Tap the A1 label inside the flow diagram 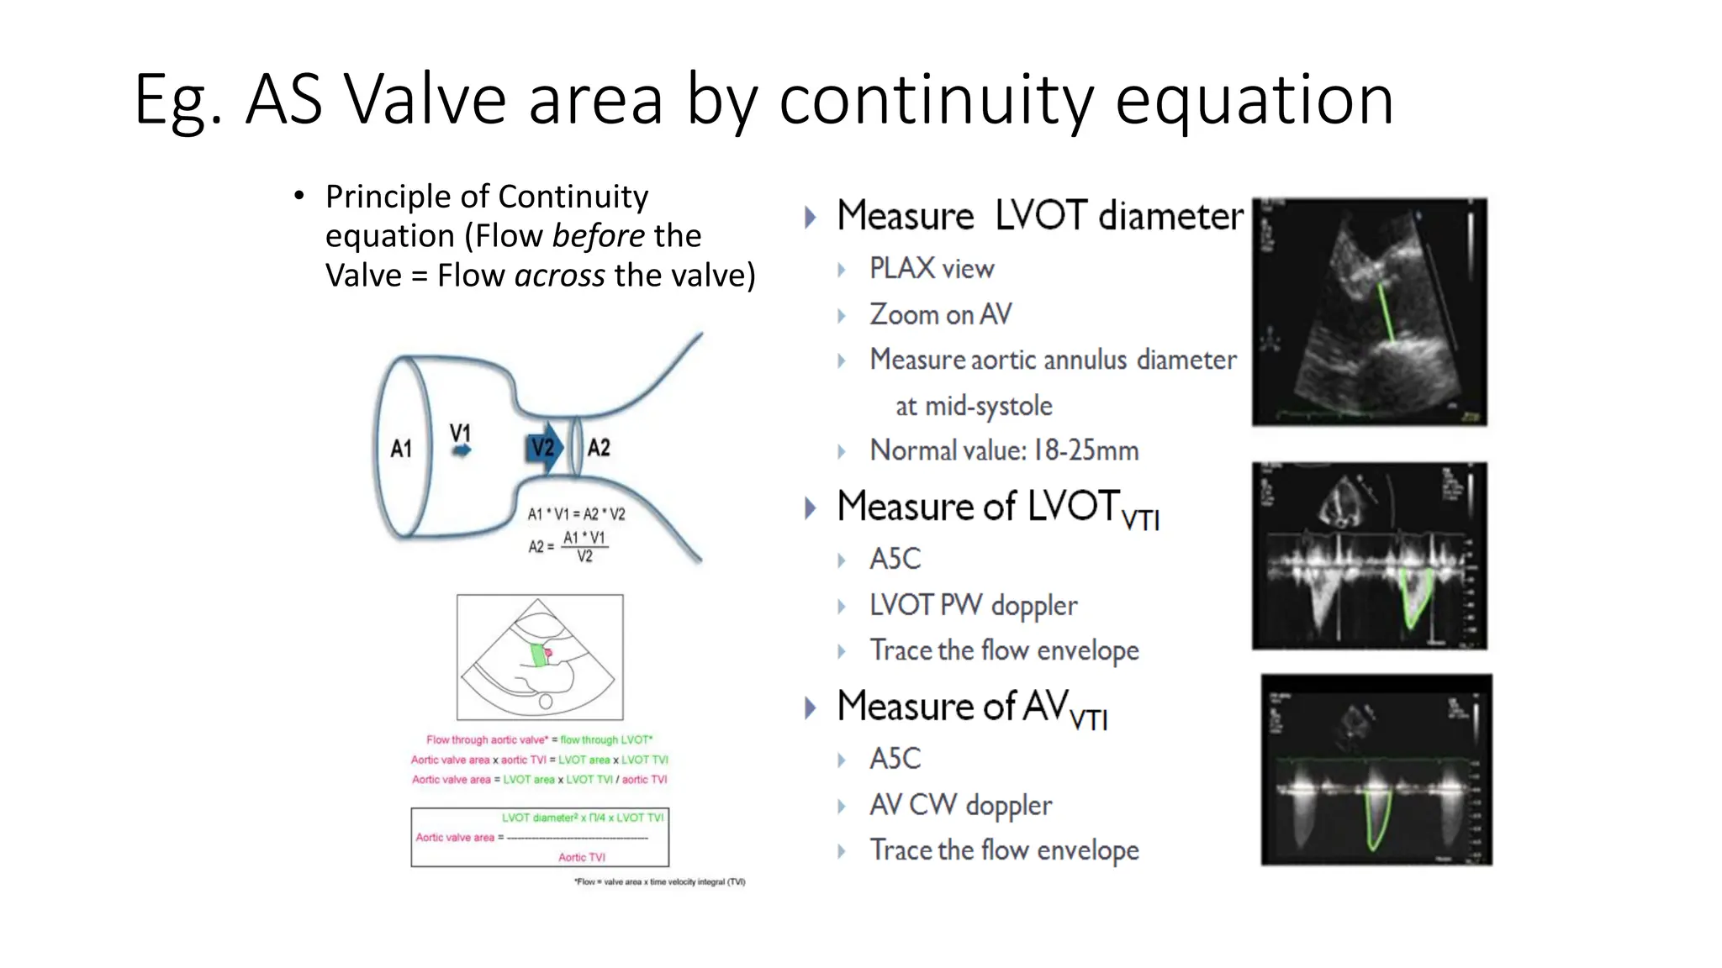click(401, 449)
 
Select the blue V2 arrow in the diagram click(544, 448)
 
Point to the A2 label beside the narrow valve click(599, 448)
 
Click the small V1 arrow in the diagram click(462, 451)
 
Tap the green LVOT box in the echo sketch click(538, 655)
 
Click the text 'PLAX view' click(932, 269)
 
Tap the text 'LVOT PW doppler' click(973, 606)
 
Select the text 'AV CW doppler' click(960, 805)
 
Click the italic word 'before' click(598, 236)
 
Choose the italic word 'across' click(559, 276)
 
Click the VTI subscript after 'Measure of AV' click(1088, 719)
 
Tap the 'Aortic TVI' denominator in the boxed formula click(582, 857)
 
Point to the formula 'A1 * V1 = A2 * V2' click(576, 514)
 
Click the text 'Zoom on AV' click(940, 314)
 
